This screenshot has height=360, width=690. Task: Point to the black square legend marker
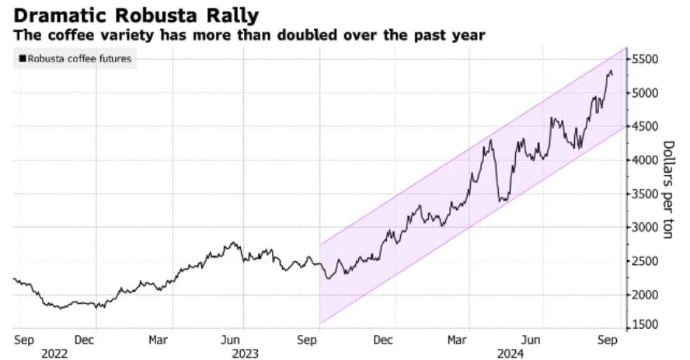click(23, 58)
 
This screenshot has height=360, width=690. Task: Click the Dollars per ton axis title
click(667, 190)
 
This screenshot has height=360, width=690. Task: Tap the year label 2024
click(510, 353)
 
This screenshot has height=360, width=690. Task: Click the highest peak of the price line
click(610, 70)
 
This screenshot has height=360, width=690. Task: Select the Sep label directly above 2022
click(23, 340)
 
